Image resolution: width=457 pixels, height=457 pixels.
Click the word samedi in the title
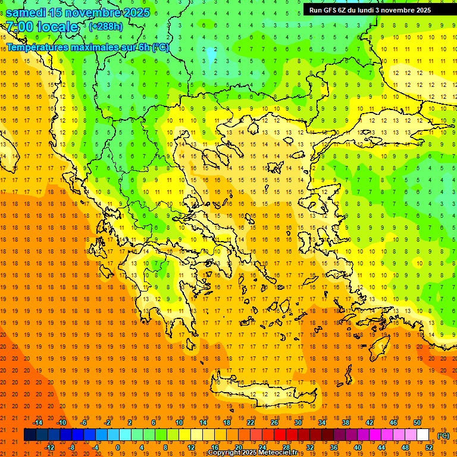click(x=26, y=12)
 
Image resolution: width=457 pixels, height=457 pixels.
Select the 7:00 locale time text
click(x=42, y=27)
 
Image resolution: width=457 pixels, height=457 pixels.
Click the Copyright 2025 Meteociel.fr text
click(x=252, y=453)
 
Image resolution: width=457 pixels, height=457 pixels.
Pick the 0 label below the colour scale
click(x=118, y=447)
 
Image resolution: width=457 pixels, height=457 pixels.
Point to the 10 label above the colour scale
click(x=179, y=422)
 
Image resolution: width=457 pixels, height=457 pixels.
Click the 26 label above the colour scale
click(x=274, y=422)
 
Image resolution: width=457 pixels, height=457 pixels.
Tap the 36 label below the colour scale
click(x=333, y=447)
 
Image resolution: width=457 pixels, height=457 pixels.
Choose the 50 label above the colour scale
click(x=417, y=422)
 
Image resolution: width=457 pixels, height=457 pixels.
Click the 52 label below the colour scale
click(x=428, y=447)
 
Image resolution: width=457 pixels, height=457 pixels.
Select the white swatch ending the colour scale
click(x=423, y=435)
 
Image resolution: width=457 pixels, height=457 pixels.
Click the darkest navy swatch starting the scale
click(x=30, y=435)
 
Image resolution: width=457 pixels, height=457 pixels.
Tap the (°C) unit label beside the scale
click(x=443, y=436)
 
